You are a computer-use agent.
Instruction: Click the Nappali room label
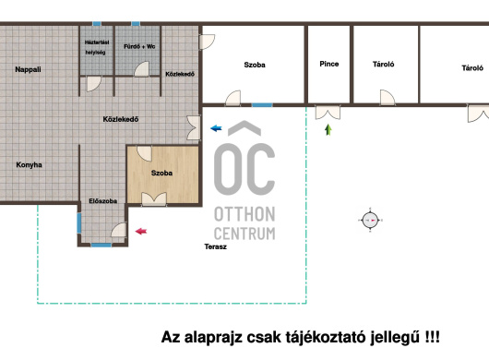[x=28, y=69]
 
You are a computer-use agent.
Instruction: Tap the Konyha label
[x=29, y=164]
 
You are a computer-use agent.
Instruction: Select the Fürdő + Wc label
[x=139, y=46]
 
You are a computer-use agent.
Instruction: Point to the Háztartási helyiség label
[x=97, y=47]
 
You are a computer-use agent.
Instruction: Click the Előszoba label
[x=103, y=201]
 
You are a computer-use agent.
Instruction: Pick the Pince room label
[x=329, y=64]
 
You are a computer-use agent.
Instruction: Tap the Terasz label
[x=216, y=246]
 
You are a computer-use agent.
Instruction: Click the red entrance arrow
[x=141, y=231]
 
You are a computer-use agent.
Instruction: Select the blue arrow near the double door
[x=216, y=128]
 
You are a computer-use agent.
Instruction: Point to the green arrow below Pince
[x=328, y=130]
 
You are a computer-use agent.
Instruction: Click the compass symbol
[x=370, y=220]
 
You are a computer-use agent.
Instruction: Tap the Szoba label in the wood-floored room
[x=161, y=173]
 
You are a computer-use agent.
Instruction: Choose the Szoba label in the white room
[x=255, y=65]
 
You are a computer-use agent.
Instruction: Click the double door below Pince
[x=328, y=113]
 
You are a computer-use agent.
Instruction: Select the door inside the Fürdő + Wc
[x=142, y=69]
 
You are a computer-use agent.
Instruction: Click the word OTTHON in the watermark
[x=244, y=214]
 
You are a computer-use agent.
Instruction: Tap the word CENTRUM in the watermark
[x=244, y=234]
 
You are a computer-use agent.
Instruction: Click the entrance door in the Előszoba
[x=119, y=230]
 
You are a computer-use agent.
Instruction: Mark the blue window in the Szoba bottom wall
[x=262, y=105]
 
